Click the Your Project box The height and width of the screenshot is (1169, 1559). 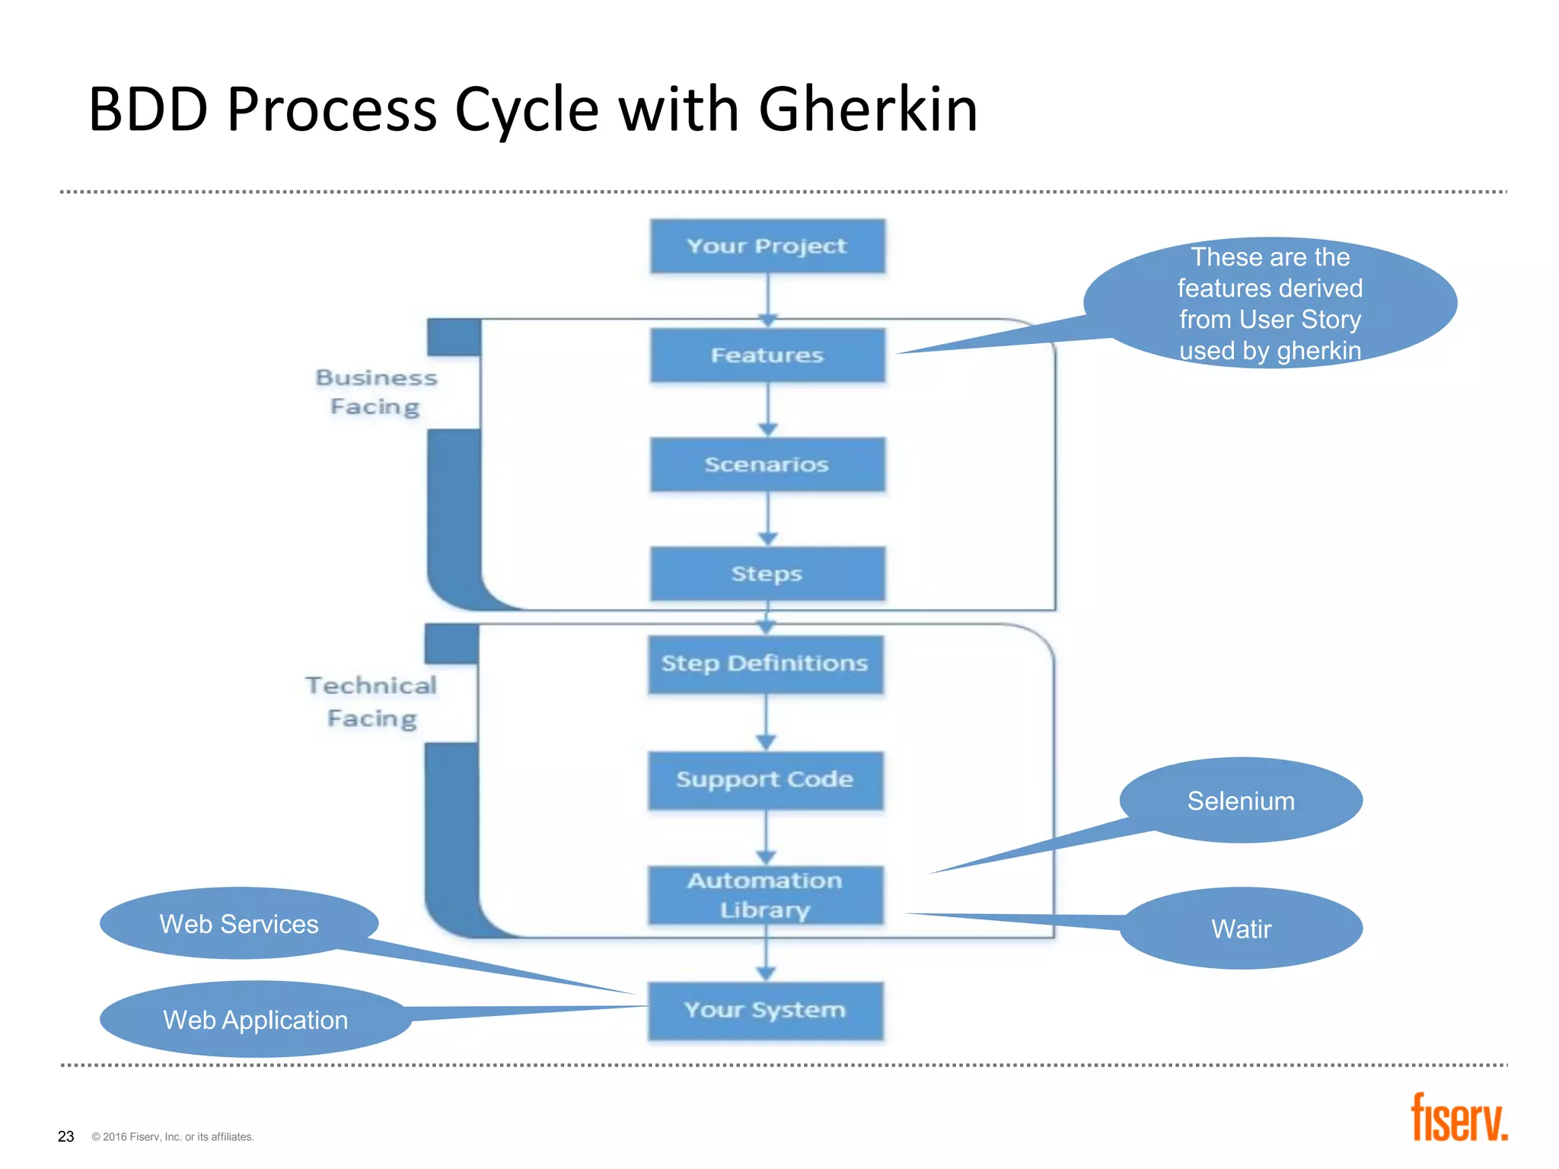coord(767,246)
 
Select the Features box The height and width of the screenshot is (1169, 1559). coord(767,355)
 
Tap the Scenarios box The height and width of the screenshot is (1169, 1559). coord(767,464)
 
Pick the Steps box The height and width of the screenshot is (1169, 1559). coord(767,573)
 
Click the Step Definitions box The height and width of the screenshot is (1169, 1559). coord(765,664)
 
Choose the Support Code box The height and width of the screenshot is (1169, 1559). coord(765,780)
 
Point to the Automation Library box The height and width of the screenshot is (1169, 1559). coord(765,895)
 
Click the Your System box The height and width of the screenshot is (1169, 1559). coord(765,1011)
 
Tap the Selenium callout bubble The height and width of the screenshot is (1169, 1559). coord(1241,801)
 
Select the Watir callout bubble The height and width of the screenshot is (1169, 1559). coord(1241,929)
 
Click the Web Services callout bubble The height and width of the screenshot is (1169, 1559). coord(239,924)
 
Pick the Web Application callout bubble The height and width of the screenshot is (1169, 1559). coord(256,1020)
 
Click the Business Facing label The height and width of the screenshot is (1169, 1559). coord(376,392)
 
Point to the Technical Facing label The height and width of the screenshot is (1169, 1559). coord(371,702)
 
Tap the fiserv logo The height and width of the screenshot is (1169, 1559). coord(1459,1119)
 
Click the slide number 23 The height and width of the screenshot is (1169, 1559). coord(66,1136)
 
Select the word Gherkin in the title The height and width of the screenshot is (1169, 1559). coord(868,110)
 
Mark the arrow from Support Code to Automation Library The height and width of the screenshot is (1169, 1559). coord(766,837)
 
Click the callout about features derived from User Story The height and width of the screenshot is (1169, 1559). coord(1270,303)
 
